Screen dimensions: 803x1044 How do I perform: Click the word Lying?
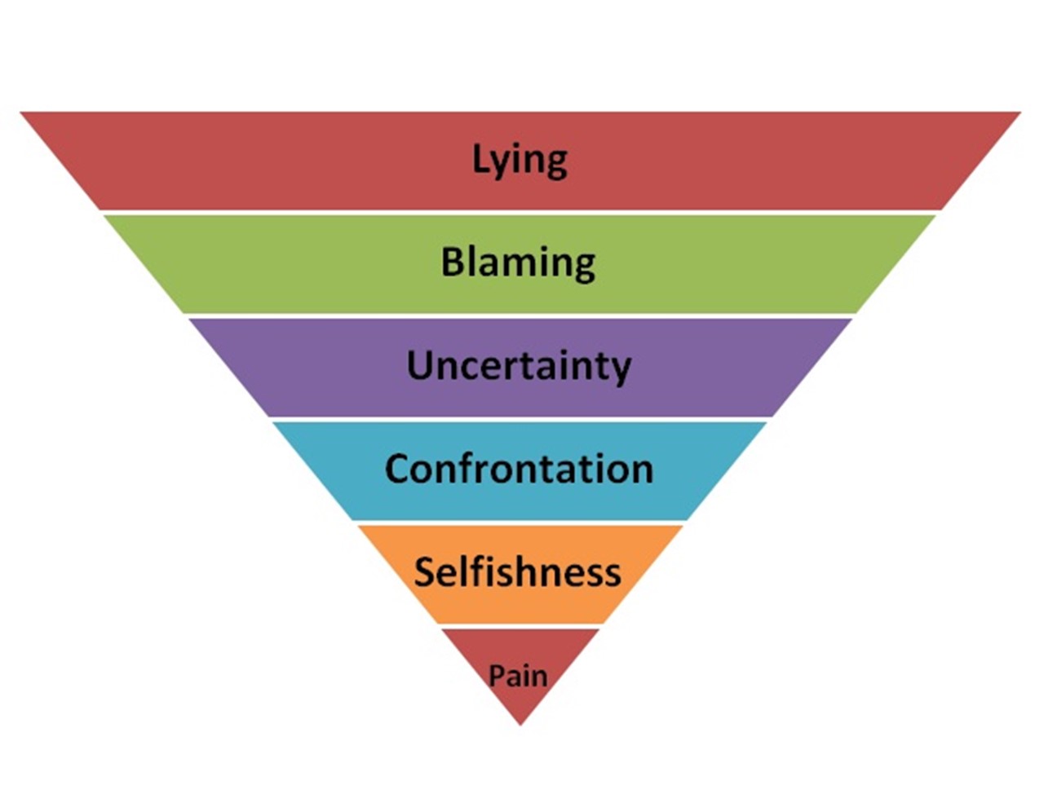click(520, 160)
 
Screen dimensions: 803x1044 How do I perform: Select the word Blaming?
click(519, 263)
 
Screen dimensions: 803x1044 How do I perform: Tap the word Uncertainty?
click(519, 365)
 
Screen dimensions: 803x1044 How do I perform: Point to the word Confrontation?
click(519, 469)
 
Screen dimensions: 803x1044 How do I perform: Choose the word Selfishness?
click(517, 571)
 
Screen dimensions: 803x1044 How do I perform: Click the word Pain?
click(518, 676)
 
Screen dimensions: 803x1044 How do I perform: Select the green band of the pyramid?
click(245, 263)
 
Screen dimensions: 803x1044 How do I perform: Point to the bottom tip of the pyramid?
click(520, 723)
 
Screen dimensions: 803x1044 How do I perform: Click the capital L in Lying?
click(480, 157)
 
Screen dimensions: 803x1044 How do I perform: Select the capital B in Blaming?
click(453, 262)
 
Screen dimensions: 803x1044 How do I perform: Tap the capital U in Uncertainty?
click(420, 364)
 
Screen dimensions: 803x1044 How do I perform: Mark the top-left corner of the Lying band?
click(22, 113)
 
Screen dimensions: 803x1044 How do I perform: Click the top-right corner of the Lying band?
click(1020, 113)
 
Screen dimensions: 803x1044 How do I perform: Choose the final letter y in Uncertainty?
click(621, 368)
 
